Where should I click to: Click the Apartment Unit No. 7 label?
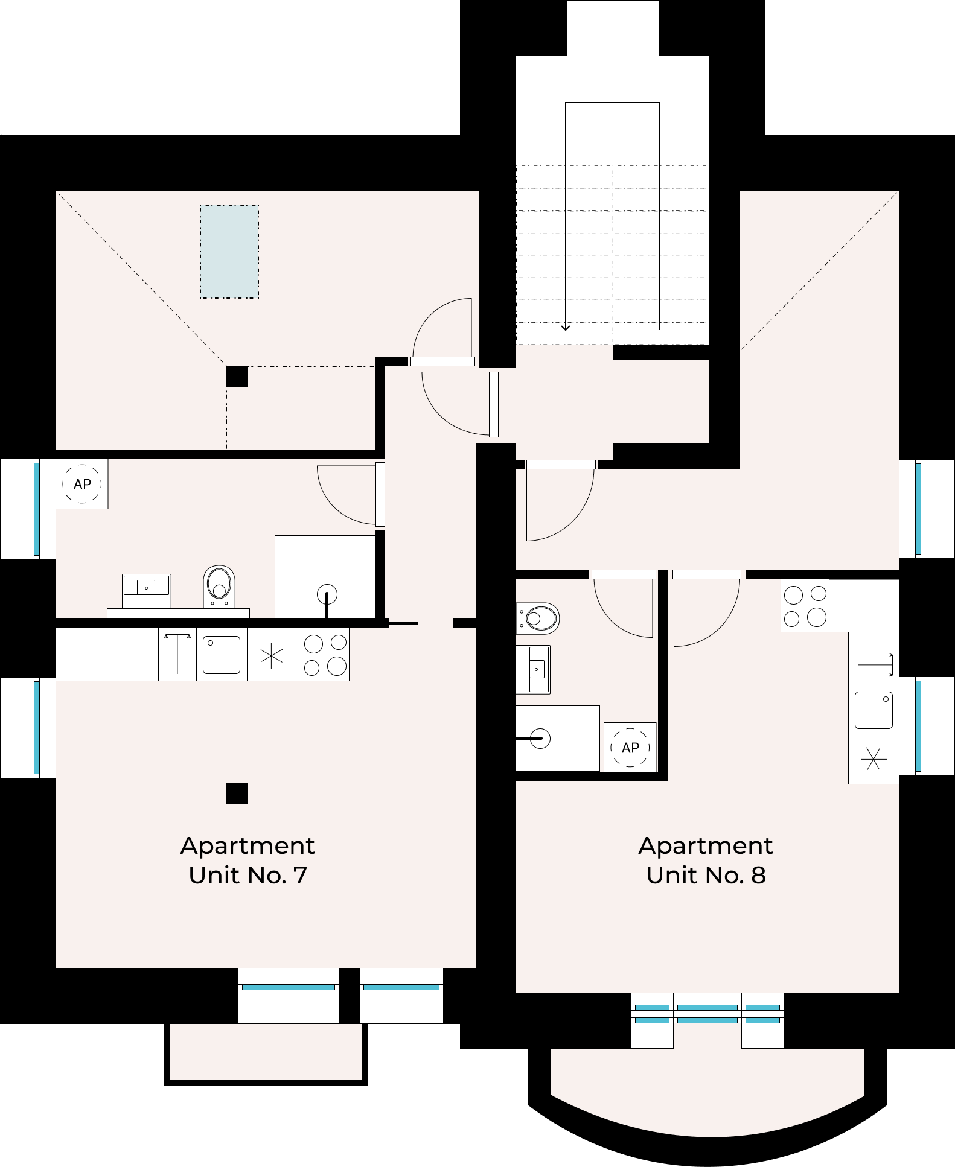coord(248,860)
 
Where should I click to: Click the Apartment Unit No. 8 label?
coord(706,860)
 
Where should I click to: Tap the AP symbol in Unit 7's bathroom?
coord(82,484)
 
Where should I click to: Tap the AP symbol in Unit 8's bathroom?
coord(630,747)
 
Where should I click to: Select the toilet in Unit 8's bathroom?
coord(538,618)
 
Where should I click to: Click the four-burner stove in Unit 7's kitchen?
coord(325,655)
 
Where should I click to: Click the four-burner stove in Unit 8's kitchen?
coord(805,606)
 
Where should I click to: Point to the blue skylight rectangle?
coord(229,252)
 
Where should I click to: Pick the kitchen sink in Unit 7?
coord(222,655)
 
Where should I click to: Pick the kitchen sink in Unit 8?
coord(874,709)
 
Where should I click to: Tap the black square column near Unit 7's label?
coord(237,794)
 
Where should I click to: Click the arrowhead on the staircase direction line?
coord(566,326)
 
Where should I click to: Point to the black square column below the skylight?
coord(237,376)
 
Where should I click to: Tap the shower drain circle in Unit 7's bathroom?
coord(327,594)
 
